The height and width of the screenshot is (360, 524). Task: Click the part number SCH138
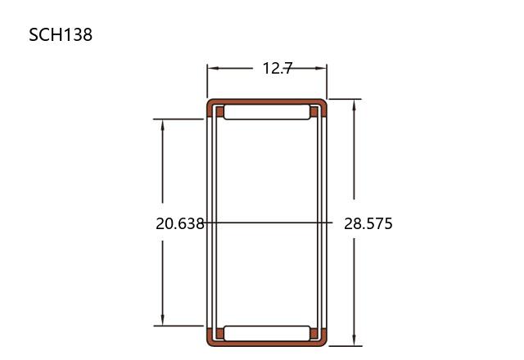click(x=61, y=34)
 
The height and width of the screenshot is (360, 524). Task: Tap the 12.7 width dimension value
click(x=278, y=69)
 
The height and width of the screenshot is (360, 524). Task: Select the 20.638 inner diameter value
click(x=180, y=223)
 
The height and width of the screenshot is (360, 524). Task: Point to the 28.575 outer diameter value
click(x=368, y=223)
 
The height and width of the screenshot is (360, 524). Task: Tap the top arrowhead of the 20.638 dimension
click(x=162, y=125)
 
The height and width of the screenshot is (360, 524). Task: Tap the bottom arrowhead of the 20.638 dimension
click(x=162, y=319)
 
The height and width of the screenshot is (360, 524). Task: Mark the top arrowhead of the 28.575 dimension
click(x=355, y=106)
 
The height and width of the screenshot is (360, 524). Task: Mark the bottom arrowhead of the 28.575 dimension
click(x=355, y=340)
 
